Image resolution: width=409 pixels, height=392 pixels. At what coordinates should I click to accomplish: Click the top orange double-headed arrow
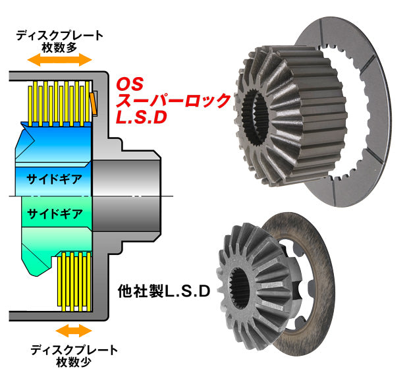[x=59, y=59]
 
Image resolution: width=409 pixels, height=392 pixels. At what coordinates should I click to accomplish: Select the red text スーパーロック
[x=173, y=101]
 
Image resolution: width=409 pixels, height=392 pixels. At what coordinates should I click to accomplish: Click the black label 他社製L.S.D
[x=163, y=291]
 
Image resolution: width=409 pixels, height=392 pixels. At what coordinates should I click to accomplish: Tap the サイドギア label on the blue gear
[x=54, y=179]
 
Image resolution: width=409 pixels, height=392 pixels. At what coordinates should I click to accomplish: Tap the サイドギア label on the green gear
[x=54, y=213]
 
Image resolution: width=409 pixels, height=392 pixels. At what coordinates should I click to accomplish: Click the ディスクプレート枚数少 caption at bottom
[x=74, y=354]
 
